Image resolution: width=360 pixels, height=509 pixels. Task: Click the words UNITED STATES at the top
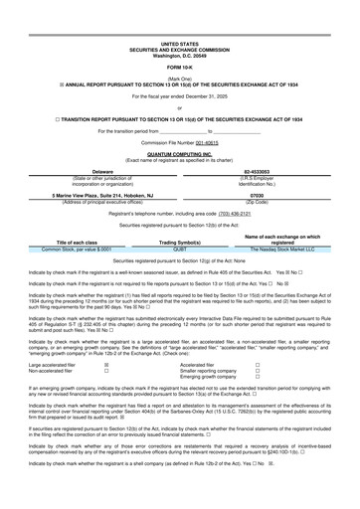click(180, 17)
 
